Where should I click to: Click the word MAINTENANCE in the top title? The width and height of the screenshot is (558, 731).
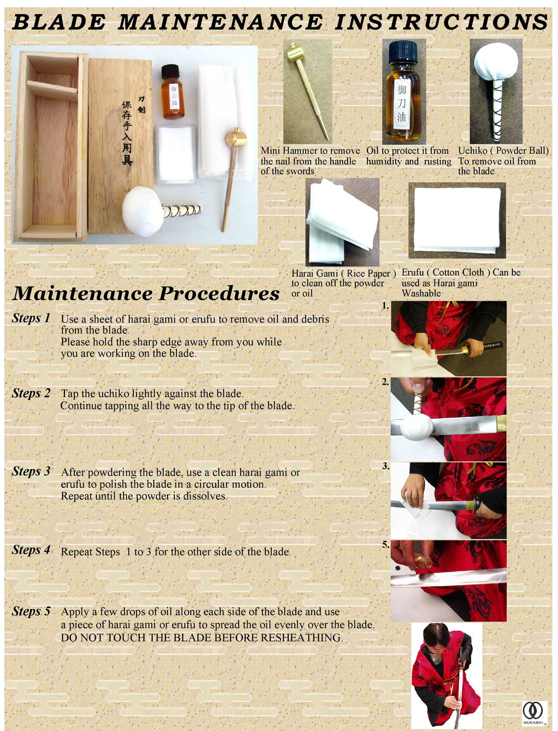pyautogui.click(x=220, y=22)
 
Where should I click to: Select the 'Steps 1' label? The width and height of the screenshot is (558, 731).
pyautogui.click(x=31, y=318)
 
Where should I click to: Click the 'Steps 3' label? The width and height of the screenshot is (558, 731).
pyautogui.click(x=31, y=471)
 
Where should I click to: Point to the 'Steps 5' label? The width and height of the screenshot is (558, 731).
pyautogui.click(x=31, y=611)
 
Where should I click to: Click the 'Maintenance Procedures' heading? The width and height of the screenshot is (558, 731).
pyautogui.click(x=146, y=293)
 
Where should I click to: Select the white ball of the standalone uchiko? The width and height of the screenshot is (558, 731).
pyautogui.click(x=495, y=61)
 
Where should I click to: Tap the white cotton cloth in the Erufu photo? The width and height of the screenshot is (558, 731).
pyautogui.click(x=456, y=220)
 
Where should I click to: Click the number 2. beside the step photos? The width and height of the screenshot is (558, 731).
pyautogui.click(x=385, y=382)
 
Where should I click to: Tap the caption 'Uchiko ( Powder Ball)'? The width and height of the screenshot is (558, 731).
pyautogui.click(x=503, y=151)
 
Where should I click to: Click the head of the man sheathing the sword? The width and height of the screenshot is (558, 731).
pyautogui.click(x=437, y=635)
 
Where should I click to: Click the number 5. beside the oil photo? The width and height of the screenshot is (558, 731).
pyautogui.click(x=385, y=544)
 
